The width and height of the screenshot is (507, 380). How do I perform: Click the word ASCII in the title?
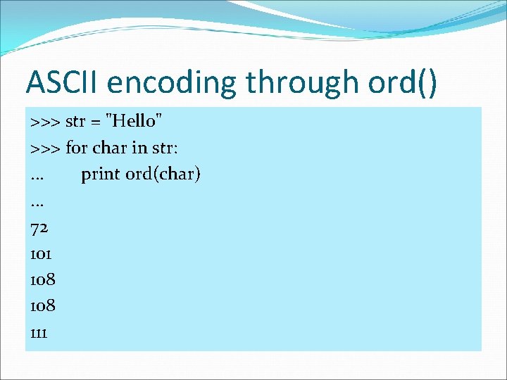pyautogui.click(x=63, y=82)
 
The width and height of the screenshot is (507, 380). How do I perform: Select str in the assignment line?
pyautogui.click(x=75, y=121)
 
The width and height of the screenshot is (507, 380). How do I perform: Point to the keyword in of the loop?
pyautogui.click(x=137, y=147)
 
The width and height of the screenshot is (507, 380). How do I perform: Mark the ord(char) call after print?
pyautogui.click(x=163, y=174)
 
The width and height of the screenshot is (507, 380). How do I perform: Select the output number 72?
pyautogui.click(x=39, y=227)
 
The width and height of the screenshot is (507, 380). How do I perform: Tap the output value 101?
pyautogui.click(x=42, y=253)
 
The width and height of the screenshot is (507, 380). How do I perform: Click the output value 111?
pyautogui.click(x=39, y=332)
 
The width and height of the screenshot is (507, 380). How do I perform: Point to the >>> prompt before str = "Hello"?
pyautogui.click(x=45, y=122)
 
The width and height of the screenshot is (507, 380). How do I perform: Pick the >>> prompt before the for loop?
pyautogui.click(x=45, y=148)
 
